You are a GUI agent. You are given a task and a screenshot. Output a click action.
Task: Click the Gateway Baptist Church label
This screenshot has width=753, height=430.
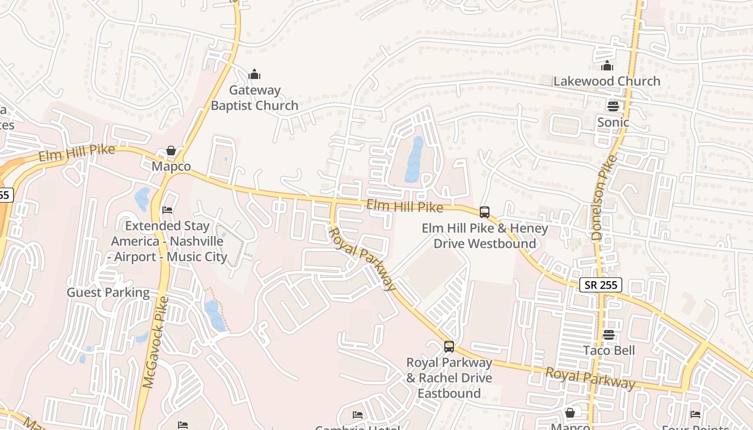click(x=254, y=98)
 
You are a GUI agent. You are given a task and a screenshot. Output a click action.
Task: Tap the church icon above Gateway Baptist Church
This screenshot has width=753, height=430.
click(x=254, y=74)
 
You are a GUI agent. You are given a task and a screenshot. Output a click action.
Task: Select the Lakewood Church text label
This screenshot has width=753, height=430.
click(x=607, y=81)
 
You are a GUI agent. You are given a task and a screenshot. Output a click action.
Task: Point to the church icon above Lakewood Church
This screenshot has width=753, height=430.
click(x=607, y=66)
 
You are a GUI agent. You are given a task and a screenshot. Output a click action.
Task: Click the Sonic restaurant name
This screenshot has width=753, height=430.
click(x=613, y=123)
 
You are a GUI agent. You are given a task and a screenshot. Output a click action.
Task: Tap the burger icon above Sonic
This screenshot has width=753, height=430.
click(x=613, y=106)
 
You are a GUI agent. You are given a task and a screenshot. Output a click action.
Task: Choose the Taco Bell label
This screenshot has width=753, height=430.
click(x=609, y=351)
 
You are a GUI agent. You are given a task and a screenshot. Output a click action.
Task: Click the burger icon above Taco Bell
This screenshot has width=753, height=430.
click(x=609, y=335)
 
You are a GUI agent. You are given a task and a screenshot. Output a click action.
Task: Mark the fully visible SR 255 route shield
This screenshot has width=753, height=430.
click(x=601, y=285)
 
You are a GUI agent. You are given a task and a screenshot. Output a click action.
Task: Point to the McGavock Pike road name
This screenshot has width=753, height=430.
click(x=156, y=342)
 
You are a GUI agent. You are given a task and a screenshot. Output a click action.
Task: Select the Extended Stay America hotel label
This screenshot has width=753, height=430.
click(x=169, y=241)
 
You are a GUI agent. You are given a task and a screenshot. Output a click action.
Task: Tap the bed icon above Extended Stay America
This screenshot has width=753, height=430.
click(x=168, y=210)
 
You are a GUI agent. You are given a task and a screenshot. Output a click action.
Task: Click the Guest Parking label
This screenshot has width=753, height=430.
click(x=108, y=292)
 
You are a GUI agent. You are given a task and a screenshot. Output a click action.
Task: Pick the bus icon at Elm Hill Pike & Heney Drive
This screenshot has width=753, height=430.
click(x=485, y=212)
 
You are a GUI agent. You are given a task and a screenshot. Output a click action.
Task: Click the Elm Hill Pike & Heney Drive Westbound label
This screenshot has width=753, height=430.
click(x=485, y=236)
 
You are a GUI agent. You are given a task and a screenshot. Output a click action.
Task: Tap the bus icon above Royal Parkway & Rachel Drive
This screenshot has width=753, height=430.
click(x=449, y=347)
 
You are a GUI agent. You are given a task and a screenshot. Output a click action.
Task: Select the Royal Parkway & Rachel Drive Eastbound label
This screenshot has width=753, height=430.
click(x=449, y=378)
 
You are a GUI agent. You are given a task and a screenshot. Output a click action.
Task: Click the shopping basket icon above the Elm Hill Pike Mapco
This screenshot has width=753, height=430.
click(x=171, y=150)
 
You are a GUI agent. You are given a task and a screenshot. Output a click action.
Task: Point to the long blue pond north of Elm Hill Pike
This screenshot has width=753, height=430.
click(x=414, y=160)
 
